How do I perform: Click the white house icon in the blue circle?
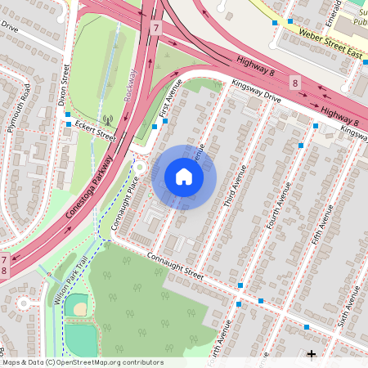[184, 176]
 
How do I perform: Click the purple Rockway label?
[131, 84]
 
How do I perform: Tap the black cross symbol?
[311, 353]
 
